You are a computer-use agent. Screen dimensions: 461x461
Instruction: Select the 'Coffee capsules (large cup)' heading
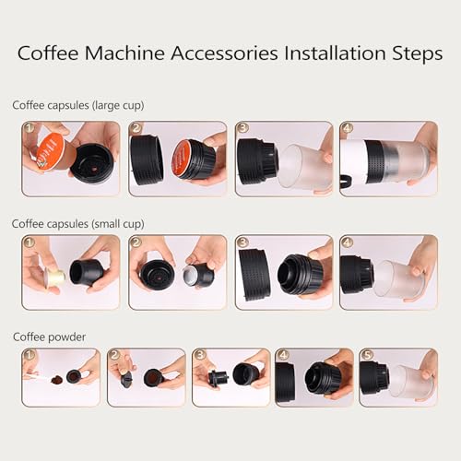(x=78, y=105)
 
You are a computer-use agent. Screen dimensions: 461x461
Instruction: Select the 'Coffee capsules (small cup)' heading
(x=78, y=223)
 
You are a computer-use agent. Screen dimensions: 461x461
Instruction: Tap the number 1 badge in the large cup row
(x=30, y=129)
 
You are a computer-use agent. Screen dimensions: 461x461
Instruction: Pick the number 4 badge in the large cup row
(x=348, y=129)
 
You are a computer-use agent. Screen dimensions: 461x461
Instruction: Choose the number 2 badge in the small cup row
(x=136, y=243)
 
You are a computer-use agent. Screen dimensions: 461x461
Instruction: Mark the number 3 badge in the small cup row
(x=242, y=243)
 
